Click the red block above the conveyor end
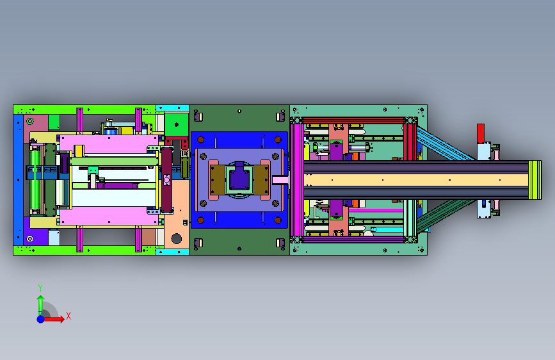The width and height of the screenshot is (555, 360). [480, 133]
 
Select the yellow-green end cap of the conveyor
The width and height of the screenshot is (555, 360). [535, 180]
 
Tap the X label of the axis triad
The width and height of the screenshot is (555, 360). [68, 316]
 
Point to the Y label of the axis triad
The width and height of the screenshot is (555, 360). [40, 288]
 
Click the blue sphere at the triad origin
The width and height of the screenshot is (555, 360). [41, 319]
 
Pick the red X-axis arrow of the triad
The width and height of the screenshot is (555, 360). [53, 319]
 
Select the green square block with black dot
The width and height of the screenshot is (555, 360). [176, 125]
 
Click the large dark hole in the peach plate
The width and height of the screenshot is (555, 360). [176, 238]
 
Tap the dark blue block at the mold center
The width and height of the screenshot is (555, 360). [239, 179]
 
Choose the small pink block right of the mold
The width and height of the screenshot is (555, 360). [280, 180]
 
